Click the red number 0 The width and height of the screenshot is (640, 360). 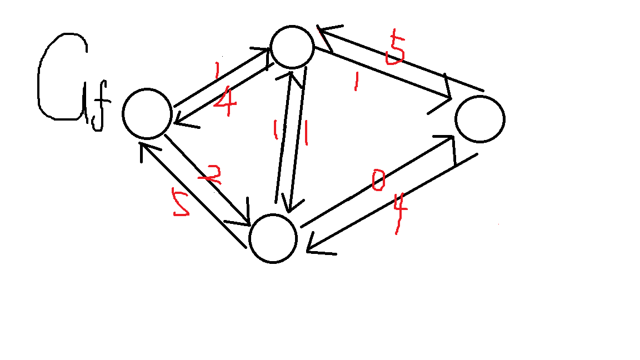coord(378,181)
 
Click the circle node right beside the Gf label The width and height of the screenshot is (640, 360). coord(147,113)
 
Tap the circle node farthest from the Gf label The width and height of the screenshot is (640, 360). coord(479,119)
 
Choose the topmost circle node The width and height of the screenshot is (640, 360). coord(292,47)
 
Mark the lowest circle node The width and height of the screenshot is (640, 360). coord(273,238)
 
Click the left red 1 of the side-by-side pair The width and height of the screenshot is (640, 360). coord(274,131)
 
